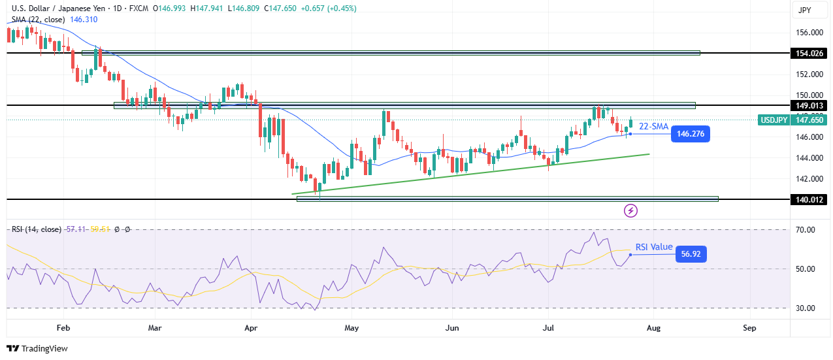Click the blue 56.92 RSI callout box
pyautogui.click(x=691, y=254)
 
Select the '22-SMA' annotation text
pyautogui.click(x=653, y=126)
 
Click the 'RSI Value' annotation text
pyautogui.click(x=654, y=246)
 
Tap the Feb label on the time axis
pyautogui.click(x=63, y=327)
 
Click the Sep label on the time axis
pyautogui.click(x=749, y=327)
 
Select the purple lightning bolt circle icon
pyautogui.click(x=631, y=210)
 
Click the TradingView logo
pyautogui.click(x=37, y=348)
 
